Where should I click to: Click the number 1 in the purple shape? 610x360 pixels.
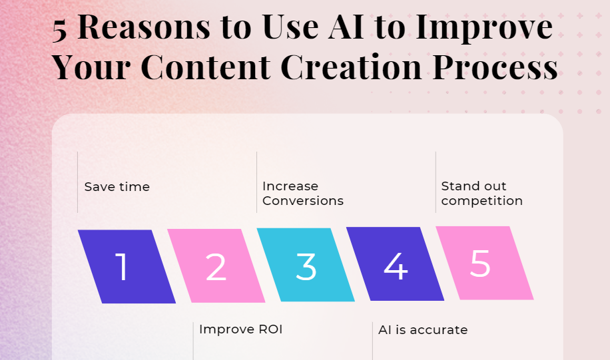click(x=123, y=267)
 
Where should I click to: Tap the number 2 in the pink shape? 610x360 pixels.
click(x=216, y=267)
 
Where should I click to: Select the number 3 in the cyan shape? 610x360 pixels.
click(x=306, y=266)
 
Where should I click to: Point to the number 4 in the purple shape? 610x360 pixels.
click(x=396, y=266)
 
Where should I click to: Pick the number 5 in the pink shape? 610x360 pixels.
click(x=480, y=264)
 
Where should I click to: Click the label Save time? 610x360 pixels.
click(x=117, y=186)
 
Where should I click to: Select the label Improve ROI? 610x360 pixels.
click(x=241, y=329)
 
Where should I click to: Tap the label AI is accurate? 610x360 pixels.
click(x=423, y=329)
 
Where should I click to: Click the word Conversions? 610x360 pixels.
click(x=303, y=200)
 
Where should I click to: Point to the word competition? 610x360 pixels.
click(x=482, y=201)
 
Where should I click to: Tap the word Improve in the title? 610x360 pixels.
click(x=484, y=28)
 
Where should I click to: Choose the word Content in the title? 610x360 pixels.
click(x=208, y=67)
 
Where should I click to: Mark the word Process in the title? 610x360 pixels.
click(x=495, y=67)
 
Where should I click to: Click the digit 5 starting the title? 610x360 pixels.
click(x=59, y=31)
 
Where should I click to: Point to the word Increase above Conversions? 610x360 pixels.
click(x=290, y=186)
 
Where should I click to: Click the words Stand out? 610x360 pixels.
click(x=474, y=186)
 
